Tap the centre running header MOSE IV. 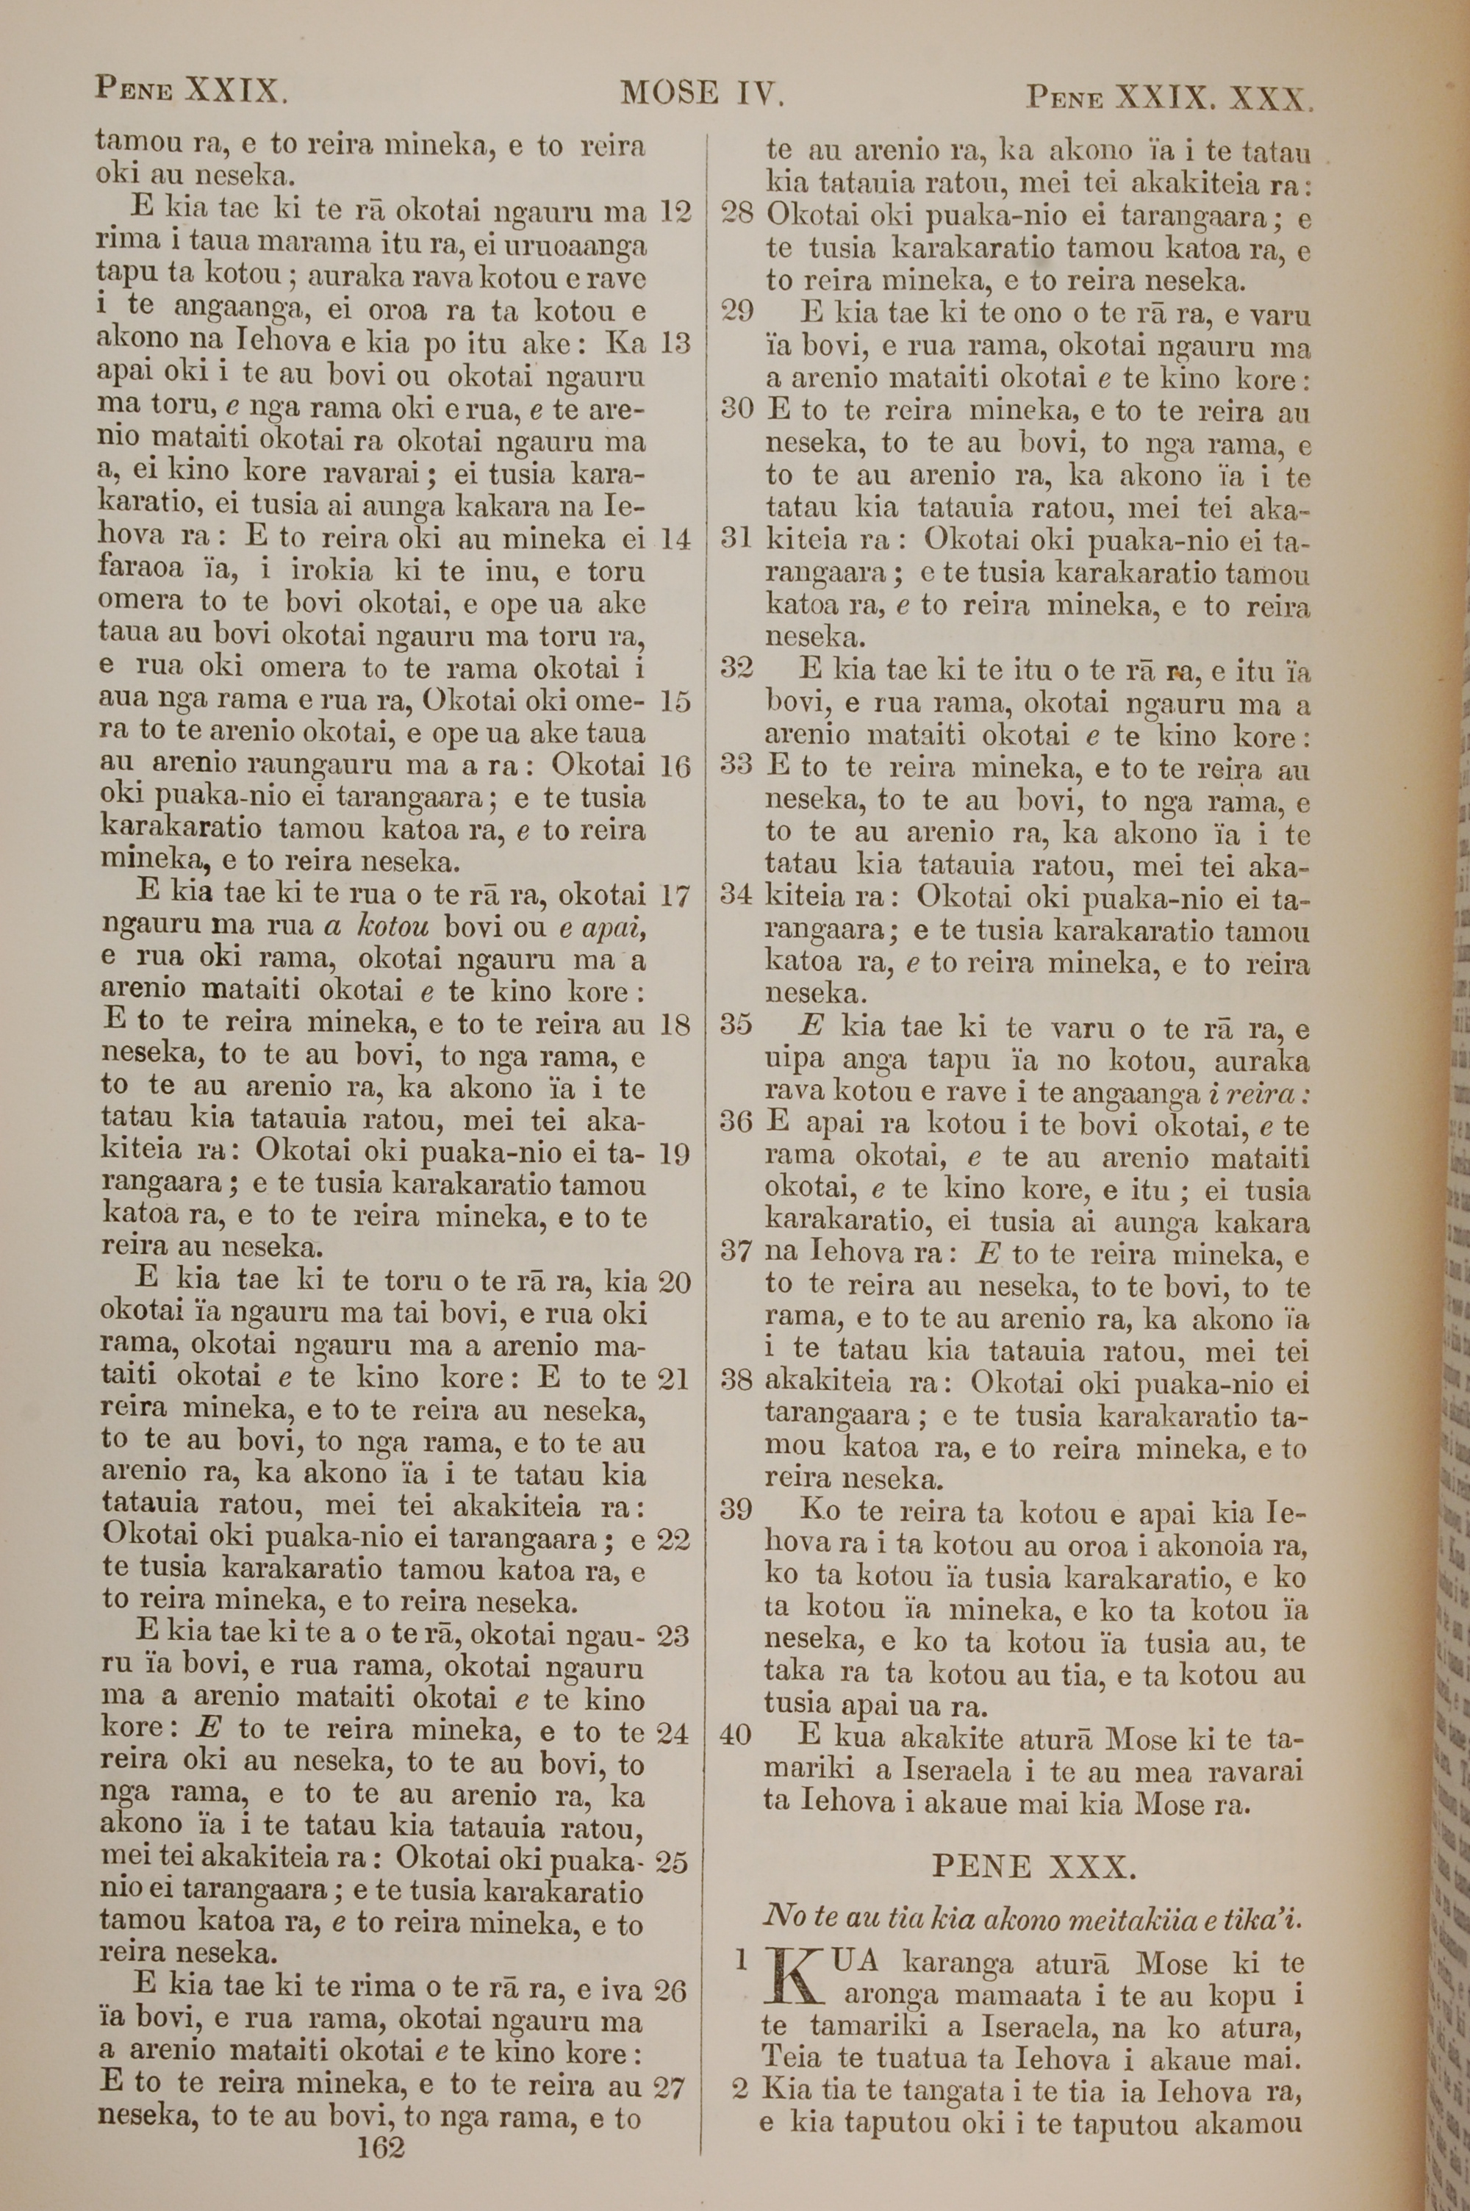click(700, 93)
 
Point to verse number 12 click(675, 211)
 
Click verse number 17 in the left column click(675, 895)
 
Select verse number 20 click(675, 1281)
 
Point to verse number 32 click(737, 667)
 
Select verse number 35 click(737, 1025)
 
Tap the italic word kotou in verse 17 click(392, 927)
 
